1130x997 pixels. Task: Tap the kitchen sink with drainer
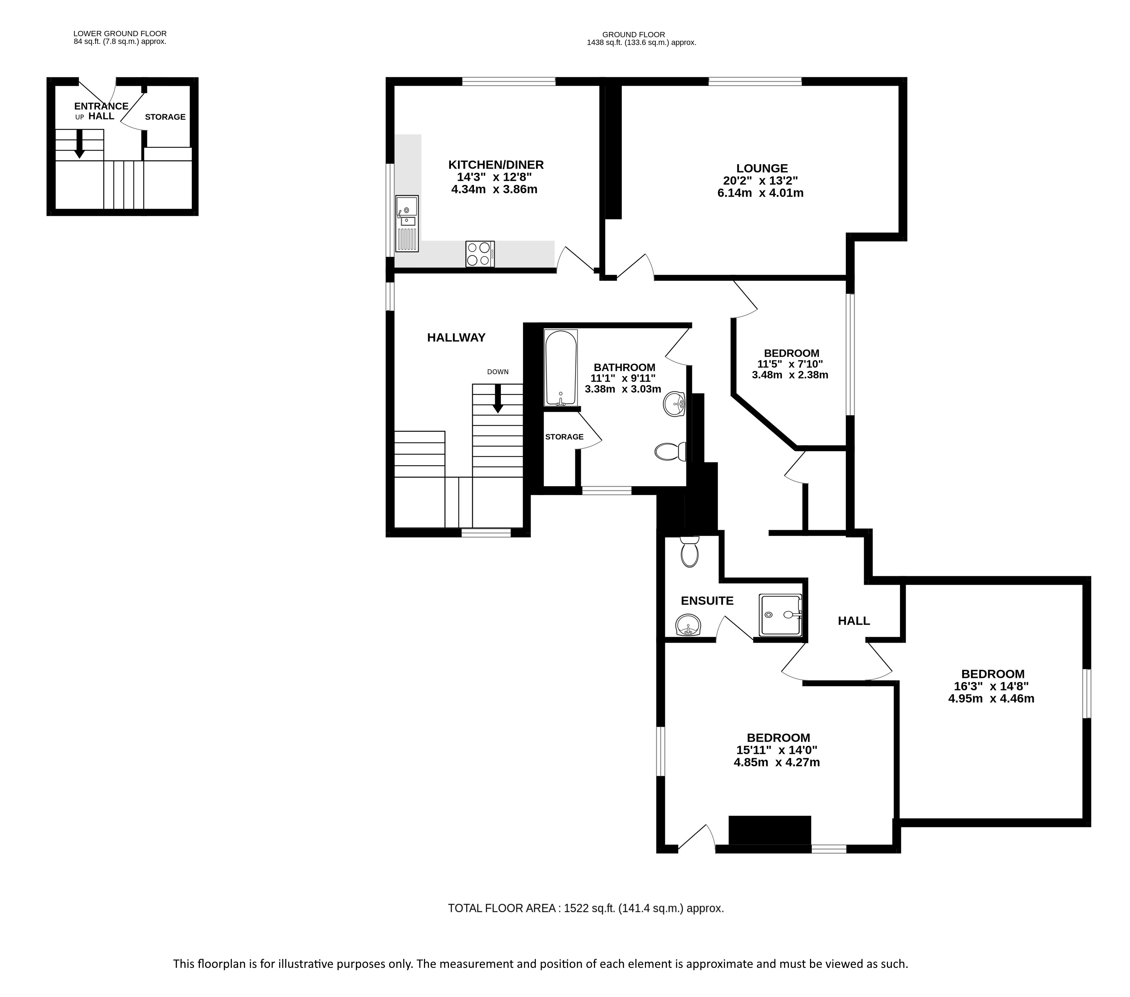(407, 224)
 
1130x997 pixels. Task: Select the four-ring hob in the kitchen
(480, 254)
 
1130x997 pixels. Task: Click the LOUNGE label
(762, 168)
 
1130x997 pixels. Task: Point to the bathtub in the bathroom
(561, 368)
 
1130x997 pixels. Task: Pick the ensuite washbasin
(688, 625)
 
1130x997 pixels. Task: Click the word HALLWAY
(456, 337)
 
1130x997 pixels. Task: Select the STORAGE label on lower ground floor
(165, 117)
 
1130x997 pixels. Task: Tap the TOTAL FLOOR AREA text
(586, 908)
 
